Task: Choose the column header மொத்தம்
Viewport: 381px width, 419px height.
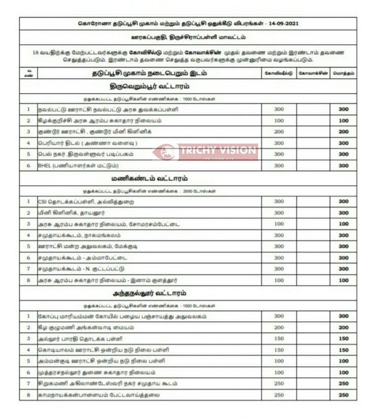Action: [343, 73]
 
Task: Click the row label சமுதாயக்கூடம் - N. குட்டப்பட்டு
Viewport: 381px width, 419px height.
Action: [81, 269]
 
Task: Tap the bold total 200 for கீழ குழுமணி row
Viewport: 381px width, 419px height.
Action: [343, 327]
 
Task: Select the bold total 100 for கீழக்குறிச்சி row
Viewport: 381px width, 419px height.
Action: [343, 121]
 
